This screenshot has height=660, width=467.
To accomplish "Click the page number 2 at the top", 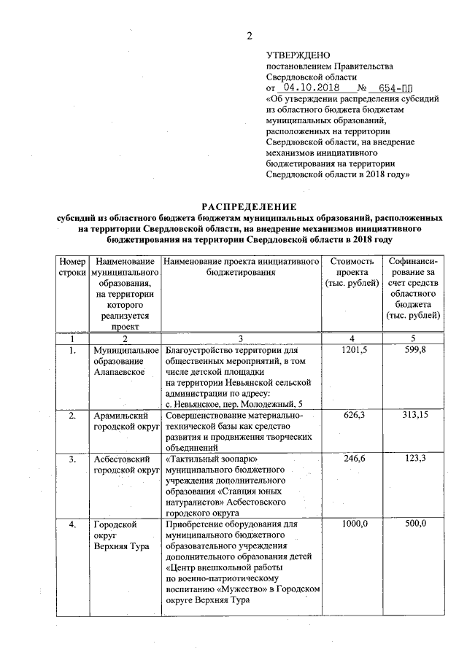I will point(249,36).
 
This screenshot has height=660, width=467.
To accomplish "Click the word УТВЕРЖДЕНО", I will point(298,55).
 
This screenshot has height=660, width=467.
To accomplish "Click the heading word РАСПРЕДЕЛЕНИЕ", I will point(249,206).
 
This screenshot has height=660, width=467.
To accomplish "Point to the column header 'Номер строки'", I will point(72,267).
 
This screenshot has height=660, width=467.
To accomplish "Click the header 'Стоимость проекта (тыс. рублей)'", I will point(352,272).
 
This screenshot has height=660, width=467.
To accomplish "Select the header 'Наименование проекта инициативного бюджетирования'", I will point(242,267).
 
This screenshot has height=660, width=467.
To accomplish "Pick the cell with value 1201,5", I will point(354,351).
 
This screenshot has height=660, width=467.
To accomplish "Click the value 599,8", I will point(414,351).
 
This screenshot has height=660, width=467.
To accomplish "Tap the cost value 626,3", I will point(354,416).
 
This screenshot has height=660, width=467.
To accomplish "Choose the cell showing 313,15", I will point(414,416).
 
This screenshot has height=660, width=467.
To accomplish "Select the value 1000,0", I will point(354,524).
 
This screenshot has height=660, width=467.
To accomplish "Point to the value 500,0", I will point(414,524).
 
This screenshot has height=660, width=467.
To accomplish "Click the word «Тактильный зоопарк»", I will point(212,459).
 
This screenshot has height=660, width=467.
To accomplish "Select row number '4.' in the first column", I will point(72,524).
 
